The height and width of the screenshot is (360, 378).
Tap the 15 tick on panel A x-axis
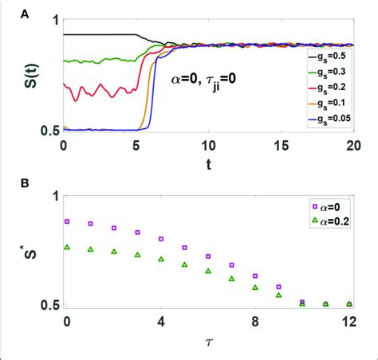(282, 147)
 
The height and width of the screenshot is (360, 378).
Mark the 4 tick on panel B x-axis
(161, 323)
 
